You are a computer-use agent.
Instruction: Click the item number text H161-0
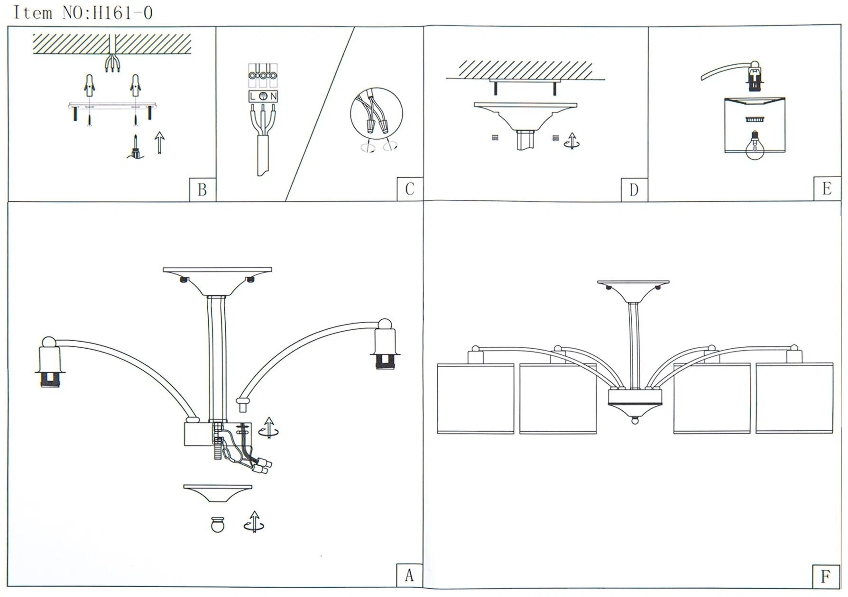(x=122, y=13)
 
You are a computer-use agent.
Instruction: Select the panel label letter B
(x=202, y=190)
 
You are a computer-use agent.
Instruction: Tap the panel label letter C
(x=410, y=189)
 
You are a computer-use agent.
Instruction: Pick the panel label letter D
(x=634, y=190)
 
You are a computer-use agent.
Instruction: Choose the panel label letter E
(x=827, y=189)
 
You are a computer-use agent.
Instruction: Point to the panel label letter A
(x=409, y=575)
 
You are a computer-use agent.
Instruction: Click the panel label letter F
(x=825, y=576)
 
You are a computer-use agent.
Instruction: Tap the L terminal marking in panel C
(x=253, y=97)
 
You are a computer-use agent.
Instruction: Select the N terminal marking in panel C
(x=274, y=97)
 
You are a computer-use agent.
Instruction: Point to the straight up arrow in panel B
(x=160, y=143)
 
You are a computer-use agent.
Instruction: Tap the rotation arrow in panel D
(x=572, y=141)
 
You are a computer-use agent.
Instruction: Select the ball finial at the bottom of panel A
(x=218, y=524)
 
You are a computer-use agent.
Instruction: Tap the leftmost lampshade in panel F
(x=475, y=398)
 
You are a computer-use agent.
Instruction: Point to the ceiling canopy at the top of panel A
(x=217, y=280)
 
